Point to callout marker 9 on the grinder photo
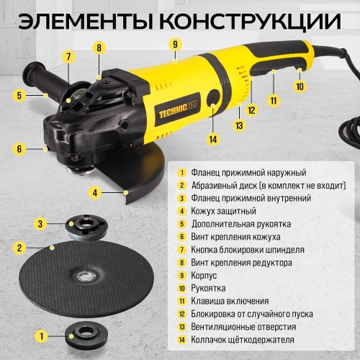[x=174, y=44]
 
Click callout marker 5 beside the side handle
[x=21, y=94]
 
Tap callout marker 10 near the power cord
[x=300, y=86]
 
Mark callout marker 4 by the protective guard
[x=95, y=192]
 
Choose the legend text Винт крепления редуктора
[x=241, y=263]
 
